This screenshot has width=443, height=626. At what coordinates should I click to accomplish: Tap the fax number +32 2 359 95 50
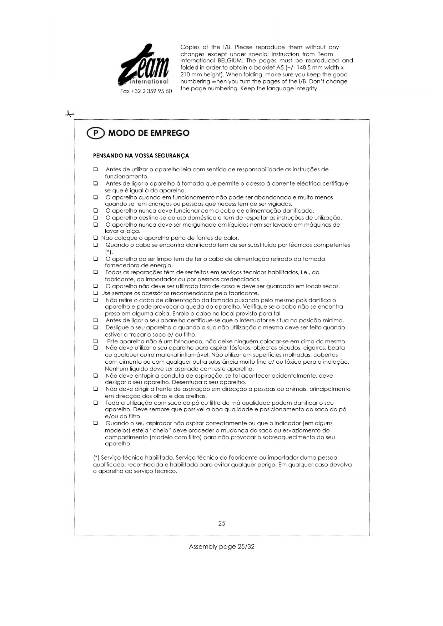146,91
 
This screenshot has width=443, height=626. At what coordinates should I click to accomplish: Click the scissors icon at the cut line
69,114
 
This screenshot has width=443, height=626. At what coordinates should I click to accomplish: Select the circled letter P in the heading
95,133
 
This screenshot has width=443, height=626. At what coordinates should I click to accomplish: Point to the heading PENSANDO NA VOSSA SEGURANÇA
141,156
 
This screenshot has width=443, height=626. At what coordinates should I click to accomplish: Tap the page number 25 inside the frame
222,524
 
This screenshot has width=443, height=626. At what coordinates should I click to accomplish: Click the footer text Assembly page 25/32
222,547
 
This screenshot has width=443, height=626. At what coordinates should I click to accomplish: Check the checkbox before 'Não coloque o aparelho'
96,238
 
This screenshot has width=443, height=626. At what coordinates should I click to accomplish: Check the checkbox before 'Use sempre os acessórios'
96,293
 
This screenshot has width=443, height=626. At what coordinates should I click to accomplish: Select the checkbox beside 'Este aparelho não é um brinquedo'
96,342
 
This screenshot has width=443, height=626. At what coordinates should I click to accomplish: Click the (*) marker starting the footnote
96,458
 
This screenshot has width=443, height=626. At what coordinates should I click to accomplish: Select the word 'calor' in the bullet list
231,238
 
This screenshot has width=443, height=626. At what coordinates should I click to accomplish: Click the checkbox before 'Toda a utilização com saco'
96,403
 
